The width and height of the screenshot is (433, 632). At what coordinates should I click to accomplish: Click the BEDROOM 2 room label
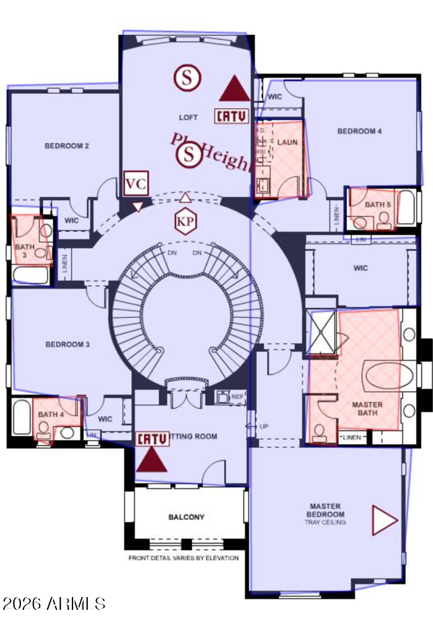[x=66, y=146]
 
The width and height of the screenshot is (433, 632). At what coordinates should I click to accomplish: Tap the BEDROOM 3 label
[x=67, y=345]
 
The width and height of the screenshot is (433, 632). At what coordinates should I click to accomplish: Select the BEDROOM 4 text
[x=359, y=131]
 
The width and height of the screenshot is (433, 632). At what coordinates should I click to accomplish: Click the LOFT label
[x=188, y=117]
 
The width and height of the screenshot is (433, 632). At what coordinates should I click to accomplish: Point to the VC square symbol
[x=136, y=183]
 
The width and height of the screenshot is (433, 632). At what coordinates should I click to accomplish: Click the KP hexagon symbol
[x=185, y=221]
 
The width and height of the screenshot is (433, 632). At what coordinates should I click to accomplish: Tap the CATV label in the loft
[x=232, y=116]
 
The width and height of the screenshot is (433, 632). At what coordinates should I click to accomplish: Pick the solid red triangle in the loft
[x=234, y=89]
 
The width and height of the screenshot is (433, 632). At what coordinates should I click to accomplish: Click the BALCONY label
[x=186, y=517]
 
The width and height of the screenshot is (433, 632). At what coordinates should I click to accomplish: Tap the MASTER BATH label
[x=367, y=409]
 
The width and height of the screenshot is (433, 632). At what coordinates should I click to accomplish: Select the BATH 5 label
[x=378, y=205]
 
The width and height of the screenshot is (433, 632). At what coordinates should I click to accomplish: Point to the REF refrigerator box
[x=237, y=397]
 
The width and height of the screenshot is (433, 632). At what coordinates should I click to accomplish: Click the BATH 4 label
[x=50, y=415]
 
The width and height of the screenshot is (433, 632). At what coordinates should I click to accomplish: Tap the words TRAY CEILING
[x=325, y=522]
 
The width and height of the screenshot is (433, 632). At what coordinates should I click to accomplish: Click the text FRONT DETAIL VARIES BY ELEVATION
[x=183, y=558]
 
